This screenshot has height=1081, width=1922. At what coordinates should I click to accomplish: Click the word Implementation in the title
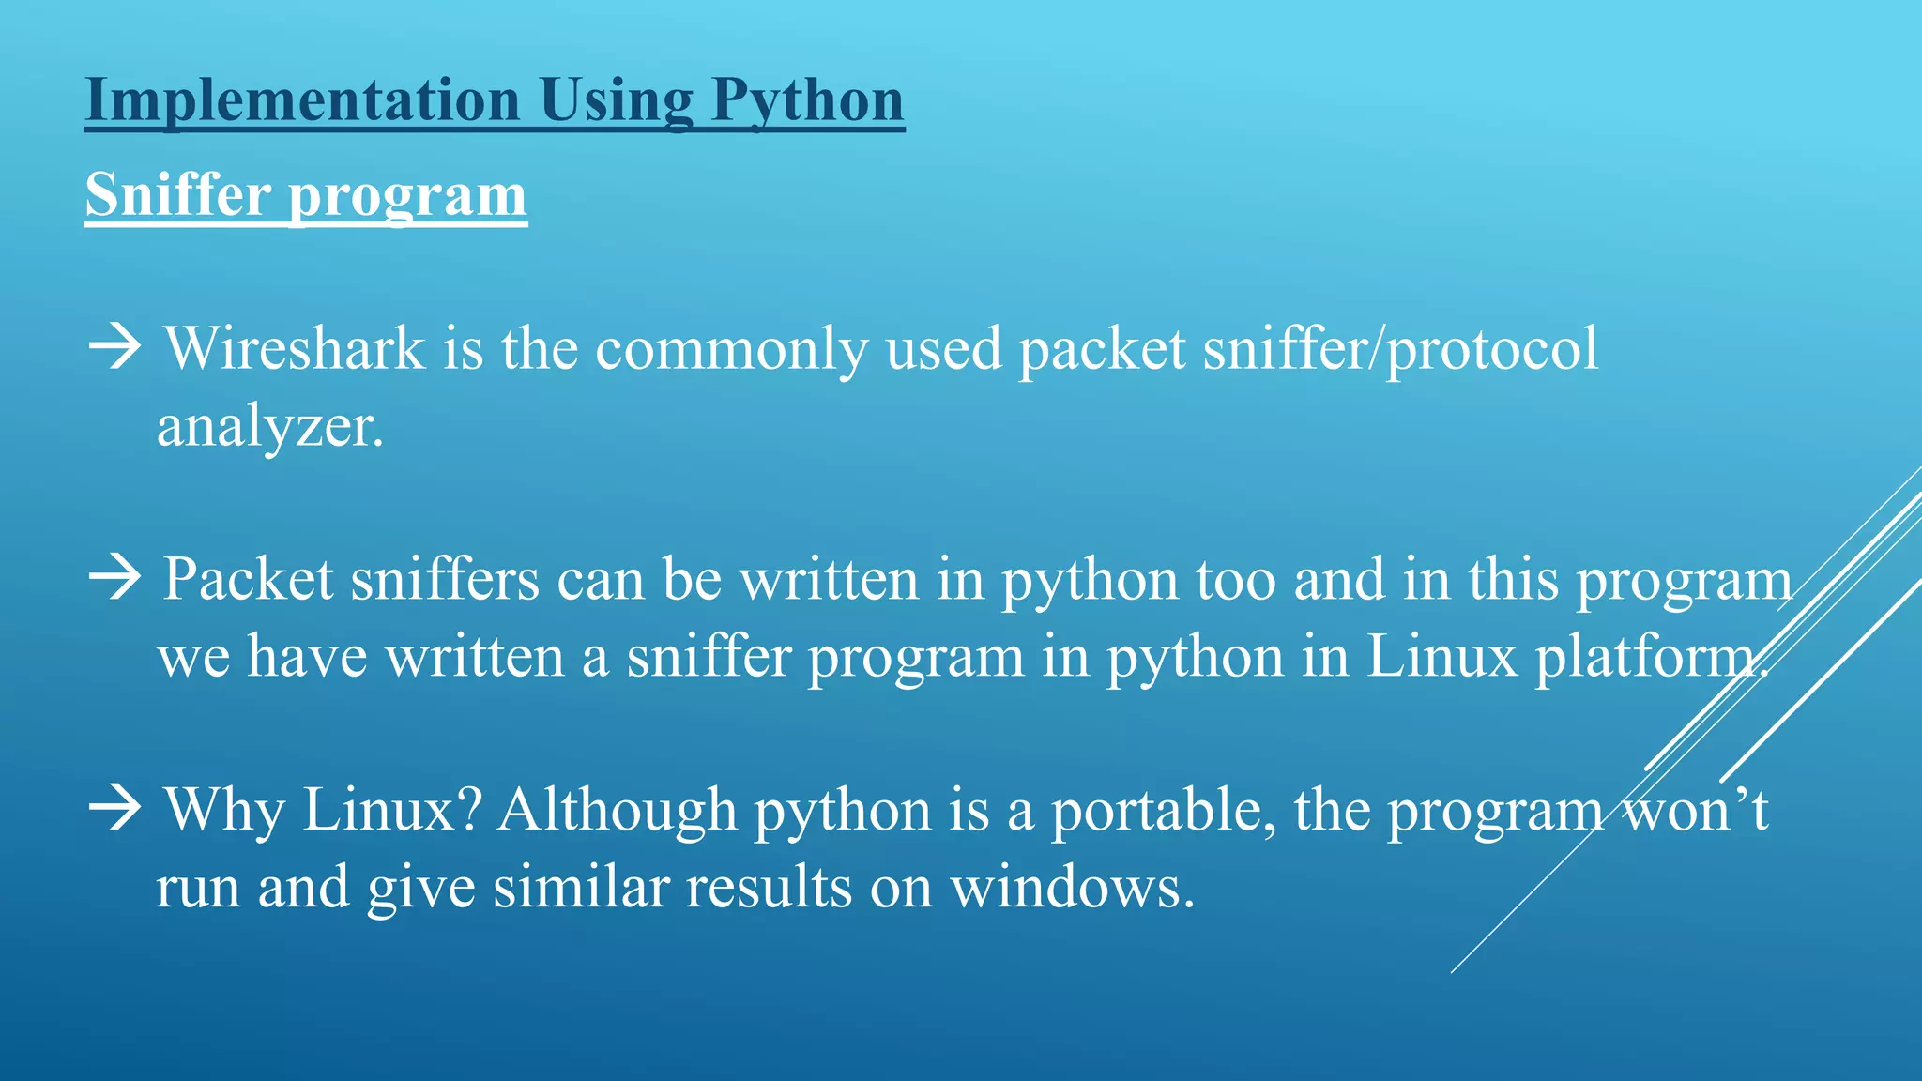click(302, 99)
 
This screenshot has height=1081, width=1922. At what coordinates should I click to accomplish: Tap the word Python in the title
click(807, 99)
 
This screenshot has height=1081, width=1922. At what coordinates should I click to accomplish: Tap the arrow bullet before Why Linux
click(114, 808)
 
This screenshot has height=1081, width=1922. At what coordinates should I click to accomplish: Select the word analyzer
click(269, 427)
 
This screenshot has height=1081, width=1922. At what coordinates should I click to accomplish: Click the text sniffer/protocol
click(1400, 349)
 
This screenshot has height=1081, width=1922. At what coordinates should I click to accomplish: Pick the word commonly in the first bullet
click(731, 349)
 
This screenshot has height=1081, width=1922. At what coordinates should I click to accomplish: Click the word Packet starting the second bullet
click(248, 579)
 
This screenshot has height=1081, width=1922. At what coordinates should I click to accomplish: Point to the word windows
click(1071, 887)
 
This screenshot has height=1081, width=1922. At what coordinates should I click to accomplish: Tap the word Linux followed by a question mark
click(390, 809)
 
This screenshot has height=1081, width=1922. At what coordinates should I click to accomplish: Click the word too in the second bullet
click(1236, 579)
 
